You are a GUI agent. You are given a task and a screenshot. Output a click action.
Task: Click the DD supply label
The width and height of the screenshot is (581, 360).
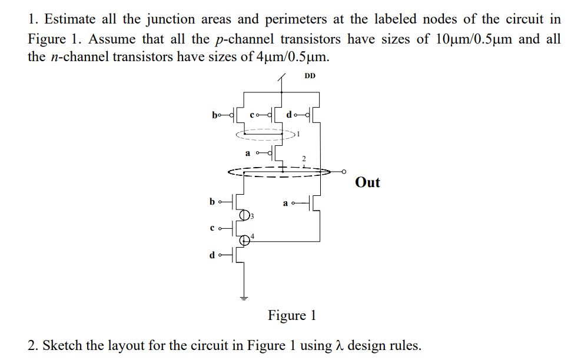pyautogui.click(x=310, y=76)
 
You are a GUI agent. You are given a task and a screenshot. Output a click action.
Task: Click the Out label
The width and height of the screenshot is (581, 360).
pyautogui.click(x=367, y=182)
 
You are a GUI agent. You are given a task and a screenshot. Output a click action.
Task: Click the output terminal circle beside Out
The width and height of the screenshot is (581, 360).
pyautogui.click(x=346, y=172)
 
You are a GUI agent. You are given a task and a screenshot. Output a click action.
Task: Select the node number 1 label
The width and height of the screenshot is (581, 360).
pyautogui.click(x=298, y=134)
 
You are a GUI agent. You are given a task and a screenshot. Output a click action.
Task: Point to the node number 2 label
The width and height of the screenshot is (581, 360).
pyautogui.click(x=304, y=159)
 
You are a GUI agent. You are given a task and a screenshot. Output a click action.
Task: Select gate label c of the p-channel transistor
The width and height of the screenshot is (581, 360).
pyautogui.click(x=253, y=114)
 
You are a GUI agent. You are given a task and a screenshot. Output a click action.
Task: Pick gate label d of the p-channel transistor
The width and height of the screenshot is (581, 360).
pyautogui.click(x=288, y=114)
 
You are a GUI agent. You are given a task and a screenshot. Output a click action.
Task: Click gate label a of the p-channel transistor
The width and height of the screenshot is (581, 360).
pyautogui.click(x=248, y=154)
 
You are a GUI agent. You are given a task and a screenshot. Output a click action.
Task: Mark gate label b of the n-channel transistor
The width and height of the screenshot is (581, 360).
pyautogui.click(x=212, y=202)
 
